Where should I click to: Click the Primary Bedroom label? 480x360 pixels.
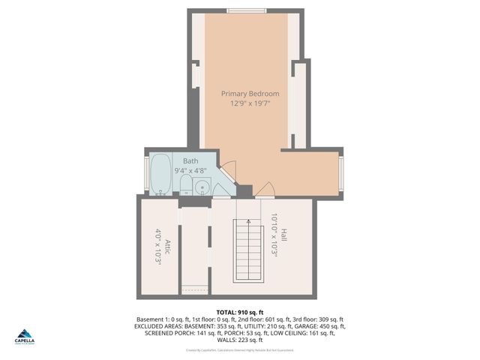coord(250,94)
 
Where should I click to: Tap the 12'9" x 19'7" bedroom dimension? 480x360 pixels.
coord(250,103)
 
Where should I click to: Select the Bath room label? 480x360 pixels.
coord(190,161)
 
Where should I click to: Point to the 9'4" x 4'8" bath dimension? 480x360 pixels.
coord(190,171)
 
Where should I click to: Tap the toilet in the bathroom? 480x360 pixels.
coord(186,185)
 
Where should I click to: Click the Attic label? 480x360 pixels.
coord(168,247)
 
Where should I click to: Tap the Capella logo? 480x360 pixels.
coord(25,336)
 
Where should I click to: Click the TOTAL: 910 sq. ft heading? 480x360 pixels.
coord(239,311)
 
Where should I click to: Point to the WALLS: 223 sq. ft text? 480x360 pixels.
coord(239,340)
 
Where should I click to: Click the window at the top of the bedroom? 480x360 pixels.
coord(245,10)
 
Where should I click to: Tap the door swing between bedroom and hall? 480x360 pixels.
coord(264,189)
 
